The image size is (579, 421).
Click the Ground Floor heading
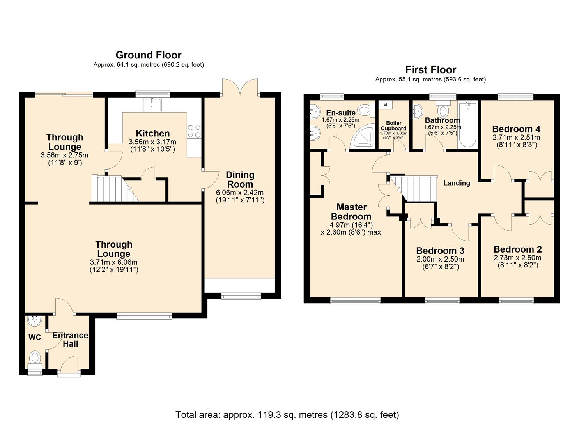149,55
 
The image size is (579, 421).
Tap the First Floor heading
430,70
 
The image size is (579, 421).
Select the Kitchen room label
152,133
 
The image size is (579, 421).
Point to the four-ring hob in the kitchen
194,131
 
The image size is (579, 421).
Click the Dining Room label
240,179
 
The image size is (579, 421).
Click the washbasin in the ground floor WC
35,321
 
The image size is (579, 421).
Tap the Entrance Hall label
70,340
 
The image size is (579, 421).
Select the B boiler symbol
385,104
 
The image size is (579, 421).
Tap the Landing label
457,183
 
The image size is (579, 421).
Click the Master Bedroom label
351,212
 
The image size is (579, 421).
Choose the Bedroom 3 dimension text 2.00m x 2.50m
440,259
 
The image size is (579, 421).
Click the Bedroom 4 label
516,129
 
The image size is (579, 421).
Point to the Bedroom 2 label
517,249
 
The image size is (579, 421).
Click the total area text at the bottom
287,414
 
